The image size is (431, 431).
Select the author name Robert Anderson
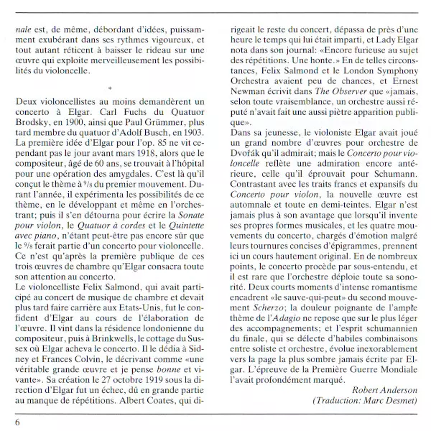pos(386,389)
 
